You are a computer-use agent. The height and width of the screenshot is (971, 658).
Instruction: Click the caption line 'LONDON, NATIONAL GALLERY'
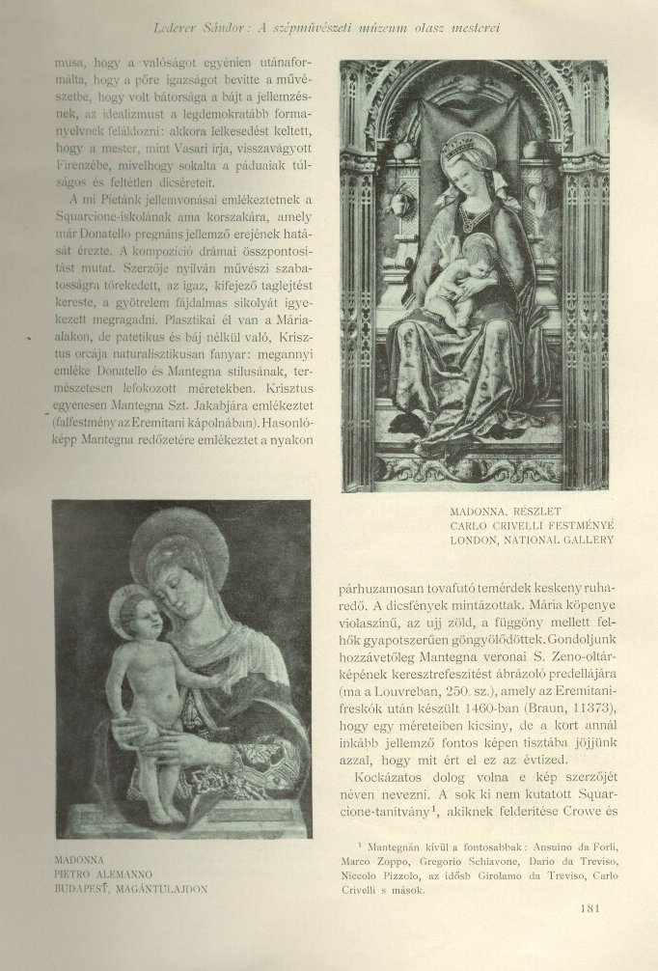tap(532, 541)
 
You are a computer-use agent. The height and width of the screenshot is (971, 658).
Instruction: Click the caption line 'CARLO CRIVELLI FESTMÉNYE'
tap(532, 525)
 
